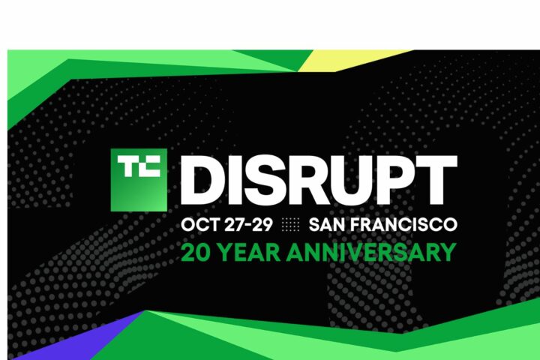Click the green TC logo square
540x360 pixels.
tap(139, 180)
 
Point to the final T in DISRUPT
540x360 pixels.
tap(436, 180)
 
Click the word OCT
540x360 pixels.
tap(200, 224)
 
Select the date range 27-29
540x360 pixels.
tap(248, 224)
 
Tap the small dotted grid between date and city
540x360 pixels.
tap(291, 224)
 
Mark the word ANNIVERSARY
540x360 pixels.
tap(371, 253)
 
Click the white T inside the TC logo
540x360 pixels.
tap(128, 166)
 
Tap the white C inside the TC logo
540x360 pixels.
tap(150, 166)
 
